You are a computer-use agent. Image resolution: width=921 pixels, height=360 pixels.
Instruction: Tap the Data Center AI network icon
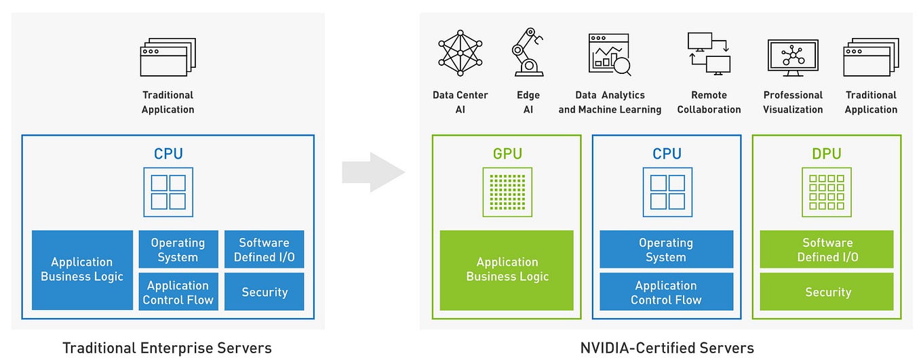pyautogui.click(x=460, y=52)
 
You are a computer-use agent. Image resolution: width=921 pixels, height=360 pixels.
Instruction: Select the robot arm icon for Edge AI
pyautogui.click(x=527, y=52)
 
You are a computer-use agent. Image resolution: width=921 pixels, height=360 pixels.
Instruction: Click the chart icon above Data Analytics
pyautogui.click(x=609, y=54)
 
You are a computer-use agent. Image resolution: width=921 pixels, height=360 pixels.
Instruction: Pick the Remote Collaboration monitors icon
pyautogui.click(x=709, y=53)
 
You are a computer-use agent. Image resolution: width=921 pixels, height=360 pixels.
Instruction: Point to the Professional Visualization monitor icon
pyautogui.click(x=793, y=57)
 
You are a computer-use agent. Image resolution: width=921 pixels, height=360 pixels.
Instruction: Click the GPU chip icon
pyautogui.click(x=507, y=193)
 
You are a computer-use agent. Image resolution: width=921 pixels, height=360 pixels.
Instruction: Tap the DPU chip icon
pyautogui.click(x=827, y=193)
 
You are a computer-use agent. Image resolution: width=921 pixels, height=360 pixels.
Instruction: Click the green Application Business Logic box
pyautogui.click(x=507, y=270)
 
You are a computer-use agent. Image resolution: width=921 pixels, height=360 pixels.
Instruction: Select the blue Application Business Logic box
pyautogui.click(x=82, y=270)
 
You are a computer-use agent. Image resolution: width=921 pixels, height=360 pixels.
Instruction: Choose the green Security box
pyautogui.click(x=827, y=292)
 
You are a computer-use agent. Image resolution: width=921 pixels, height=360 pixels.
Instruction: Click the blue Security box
pyautogui.click(x=264, y=292)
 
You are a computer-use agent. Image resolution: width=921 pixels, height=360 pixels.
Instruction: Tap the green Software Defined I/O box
pyautogui.click(x=827, y=249)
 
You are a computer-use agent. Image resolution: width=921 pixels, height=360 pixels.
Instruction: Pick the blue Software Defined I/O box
pyautogui.click(x=264, y=249)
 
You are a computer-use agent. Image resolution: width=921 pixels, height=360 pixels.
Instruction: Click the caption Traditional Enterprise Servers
pyautogui.click(x=167, y=348)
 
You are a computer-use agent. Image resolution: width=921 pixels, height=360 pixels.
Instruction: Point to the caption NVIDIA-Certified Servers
pyautogui.click(x=667, y=348)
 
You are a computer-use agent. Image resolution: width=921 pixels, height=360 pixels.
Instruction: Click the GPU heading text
pyautogui.click(x=507, y=154)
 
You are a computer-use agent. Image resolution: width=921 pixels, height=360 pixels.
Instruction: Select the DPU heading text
pyautogui.click(x=827, y=154)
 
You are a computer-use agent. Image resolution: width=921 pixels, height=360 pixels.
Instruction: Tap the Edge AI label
pyautogui.click(x=528, y=102)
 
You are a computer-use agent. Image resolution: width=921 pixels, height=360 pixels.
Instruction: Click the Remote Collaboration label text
pyautogui.click(x=709, y=102)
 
